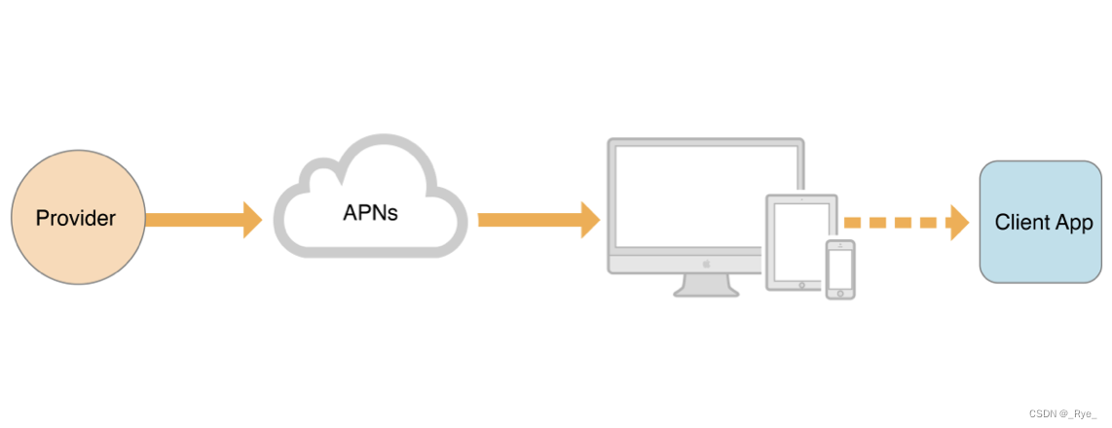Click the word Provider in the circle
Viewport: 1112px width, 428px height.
(x=76, y=219)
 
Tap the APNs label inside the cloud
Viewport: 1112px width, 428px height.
(x=370, y=213)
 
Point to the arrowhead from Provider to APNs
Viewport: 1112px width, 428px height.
(x=252, y=219)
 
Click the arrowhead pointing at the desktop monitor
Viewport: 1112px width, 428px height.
(x=589, y=219)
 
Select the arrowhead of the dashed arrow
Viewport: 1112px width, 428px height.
(x=958, y=222)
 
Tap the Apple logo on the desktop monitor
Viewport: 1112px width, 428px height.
(x=705, y=263)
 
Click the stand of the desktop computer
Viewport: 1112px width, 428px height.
(x=705, y=285)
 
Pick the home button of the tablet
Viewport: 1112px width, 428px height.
(x=801, y=285)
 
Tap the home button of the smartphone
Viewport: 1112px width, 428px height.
(x=840, y=291)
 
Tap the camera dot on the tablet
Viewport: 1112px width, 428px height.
(x=801, y=199)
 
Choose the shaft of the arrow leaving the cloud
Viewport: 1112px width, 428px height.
(x=526, y=219)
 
